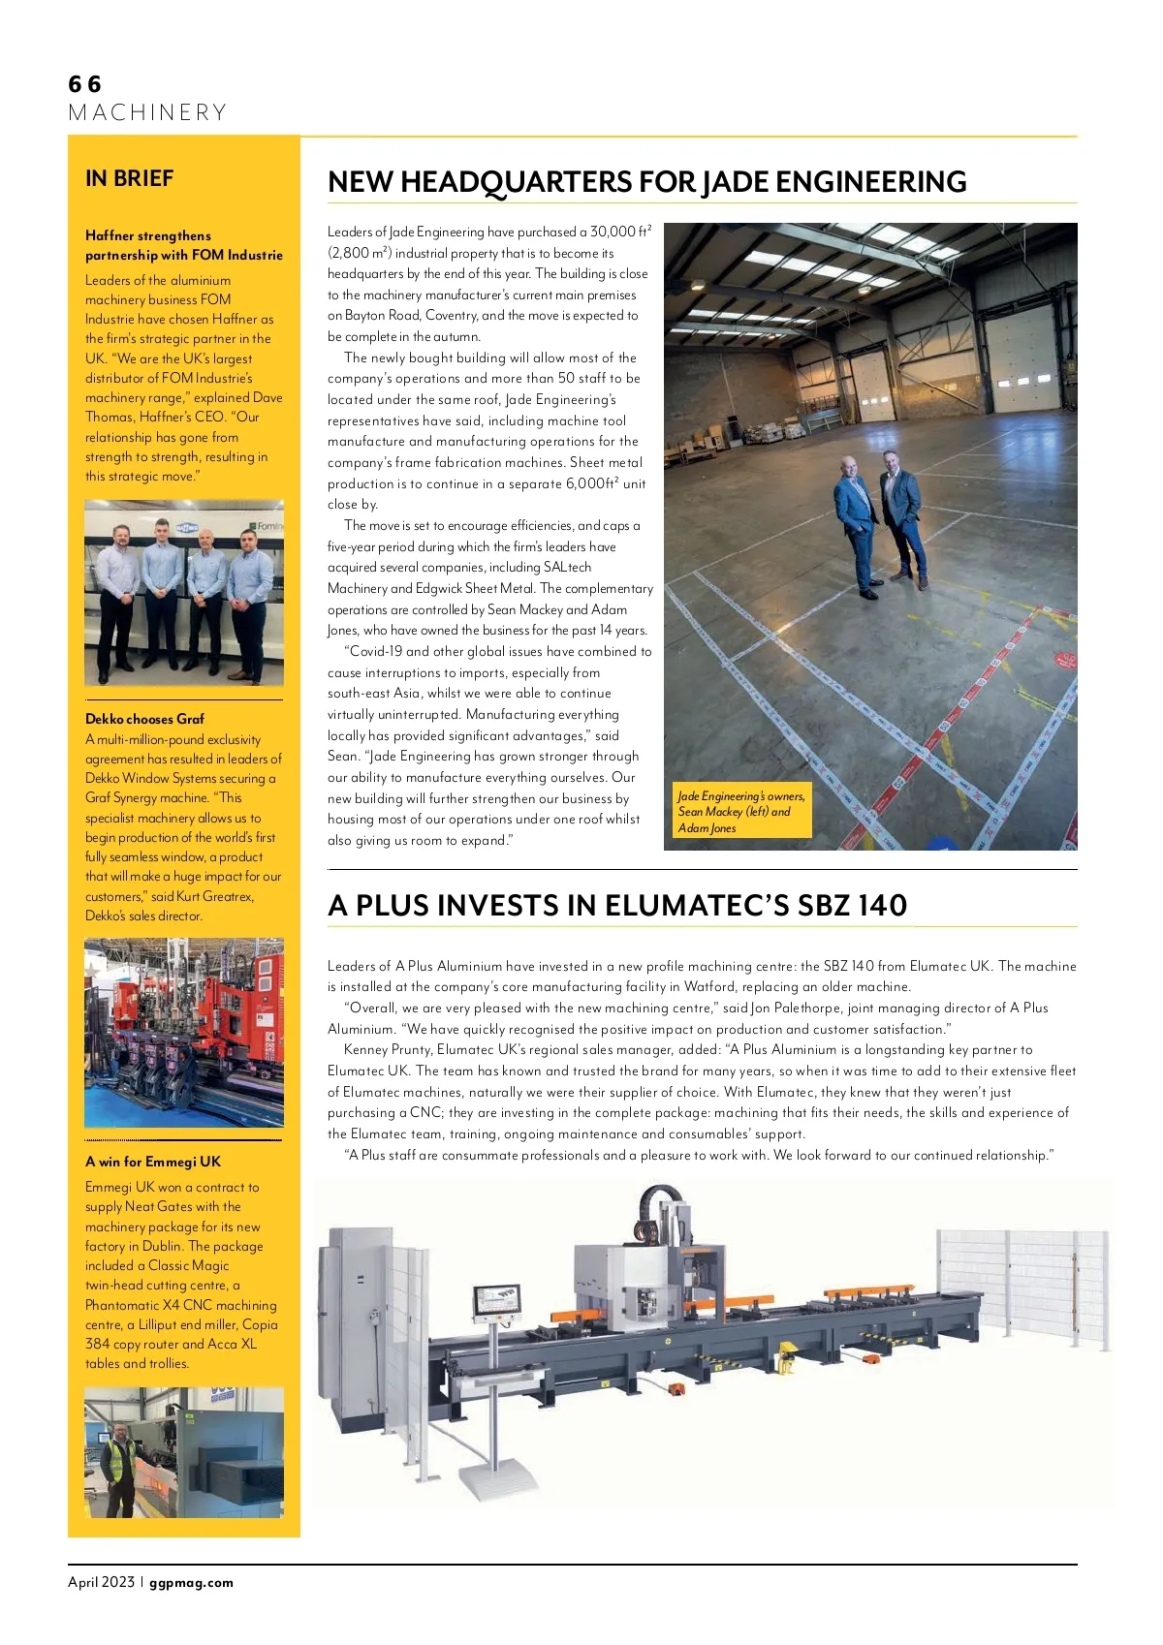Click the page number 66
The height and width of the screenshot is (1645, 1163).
coord(84,84)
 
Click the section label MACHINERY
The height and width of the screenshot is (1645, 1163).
coord(147,112)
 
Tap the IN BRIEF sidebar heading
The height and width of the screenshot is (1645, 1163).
coord(129,178)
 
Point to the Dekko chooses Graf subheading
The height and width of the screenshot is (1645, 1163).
coord(144,719)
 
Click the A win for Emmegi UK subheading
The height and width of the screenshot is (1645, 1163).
coord(152,1162)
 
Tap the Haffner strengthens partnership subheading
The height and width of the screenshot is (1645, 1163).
coord(183,245)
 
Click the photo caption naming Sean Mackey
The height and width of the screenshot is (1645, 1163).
coord(739,812)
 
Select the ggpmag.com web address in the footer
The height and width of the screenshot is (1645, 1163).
coord(192,1583)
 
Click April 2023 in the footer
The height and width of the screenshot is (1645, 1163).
coord(101,1583)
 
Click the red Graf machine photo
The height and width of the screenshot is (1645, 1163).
coord(184,1032)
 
